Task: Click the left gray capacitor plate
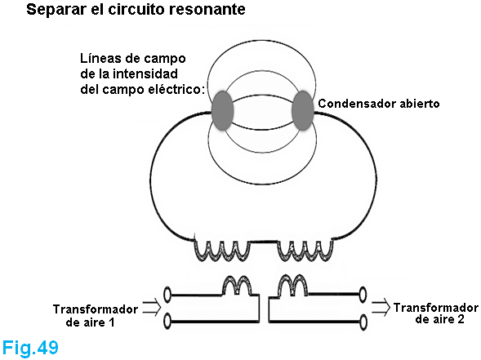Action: point(222,111)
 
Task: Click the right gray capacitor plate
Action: point(303,111)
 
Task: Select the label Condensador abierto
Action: point(379,104)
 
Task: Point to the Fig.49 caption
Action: point(30,348)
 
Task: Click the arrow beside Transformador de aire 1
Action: point(152,307)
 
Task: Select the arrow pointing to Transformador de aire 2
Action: point(381,308)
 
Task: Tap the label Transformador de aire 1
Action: point(96,316)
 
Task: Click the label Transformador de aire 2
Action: point(436,313)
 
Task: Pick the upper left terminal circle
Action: point(167,295)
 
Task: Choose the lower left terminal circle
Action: point(167,322)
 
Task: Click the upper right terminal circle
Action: point(363,295)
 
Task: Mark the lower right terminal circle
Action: point(363,322)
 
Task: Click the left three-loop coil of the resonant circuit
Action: point(222,251)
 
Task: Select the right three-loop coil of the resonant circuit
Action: point(305,251)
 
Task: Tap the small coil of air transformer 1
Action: point(238,286)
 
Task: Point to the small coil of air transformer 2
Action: point(293,286)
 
